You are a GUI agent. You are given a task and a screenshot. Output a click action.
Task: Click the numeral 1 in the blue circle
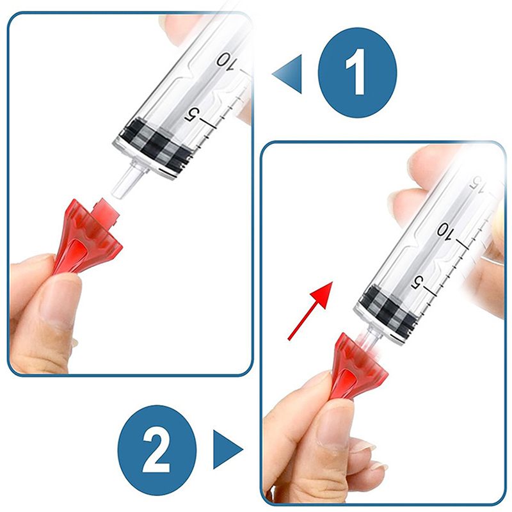356,72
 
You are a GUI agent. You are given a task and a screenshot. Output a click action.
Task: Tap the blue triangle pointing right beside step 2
228,449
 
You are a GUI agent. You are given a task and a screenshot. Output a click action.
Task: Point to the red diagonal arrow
310,311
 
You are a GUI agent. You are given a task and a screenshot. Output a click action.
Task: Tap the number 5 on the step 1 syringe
193,115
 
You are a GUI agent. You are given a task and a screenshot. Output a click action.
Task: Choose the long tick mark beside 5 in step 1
209,124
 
